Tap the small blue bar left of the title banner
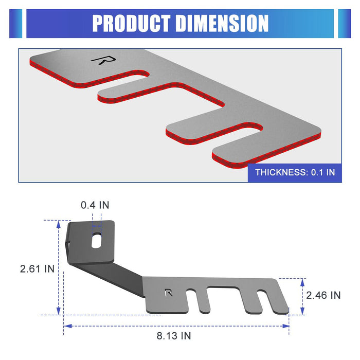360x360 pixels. tap(16, 24)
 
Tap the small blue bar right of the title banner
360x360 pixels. tap(344, 24)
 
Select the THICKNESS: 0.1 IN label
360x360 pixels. tap(295, 172)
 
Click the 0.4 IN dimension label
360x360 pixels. tap(95, 205)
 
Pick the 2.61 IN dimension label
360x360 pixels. tap(37, 268)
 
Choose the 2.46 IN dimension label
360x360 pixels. tap(323, 295)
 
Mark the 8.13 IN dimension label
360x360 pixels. tap(173, 336)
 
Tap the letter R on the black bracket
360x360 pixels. tap(168, 293)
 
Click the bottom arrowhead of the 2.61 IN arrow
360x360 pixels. tap(59, 311)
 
